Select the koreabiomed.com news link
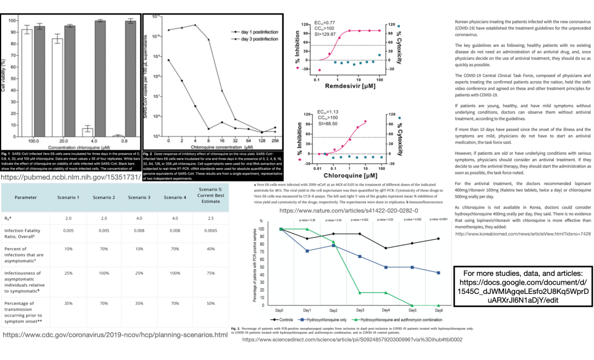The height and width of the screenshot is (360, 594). [523, 234]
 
